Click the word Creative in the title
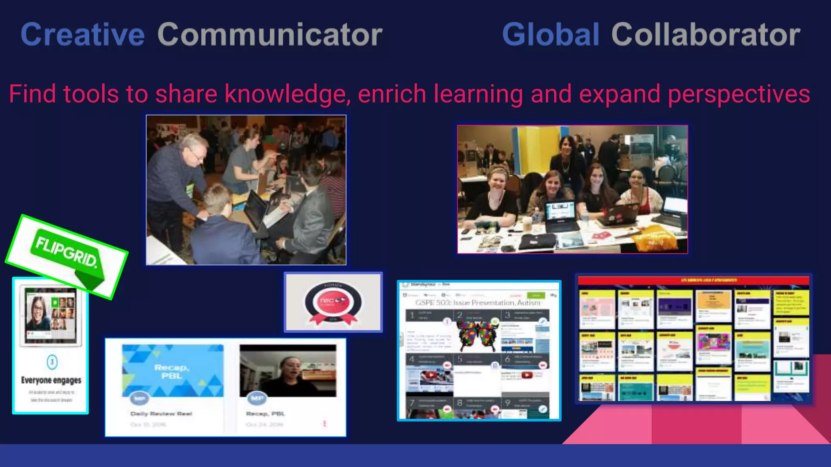coord(82,34)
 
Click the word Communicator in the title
coord(270,34)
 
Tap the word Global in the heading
coord(551,34)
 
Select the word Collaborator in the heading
coord(706,34)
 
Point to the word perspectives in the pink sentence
coord(739,94)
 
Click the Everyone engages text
coord(51,380)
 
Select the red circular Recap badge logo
coord(333,302)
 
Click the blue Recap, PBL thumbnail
coord(172,371)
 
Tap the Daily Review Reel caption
coord(161,413)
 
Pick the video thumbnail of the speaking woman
coord(288,371)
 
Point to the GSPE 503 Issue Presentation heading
coord(478,302)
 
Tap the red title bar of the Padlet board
coord(693,280)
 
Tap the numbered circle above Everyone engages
coord(52,362)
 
